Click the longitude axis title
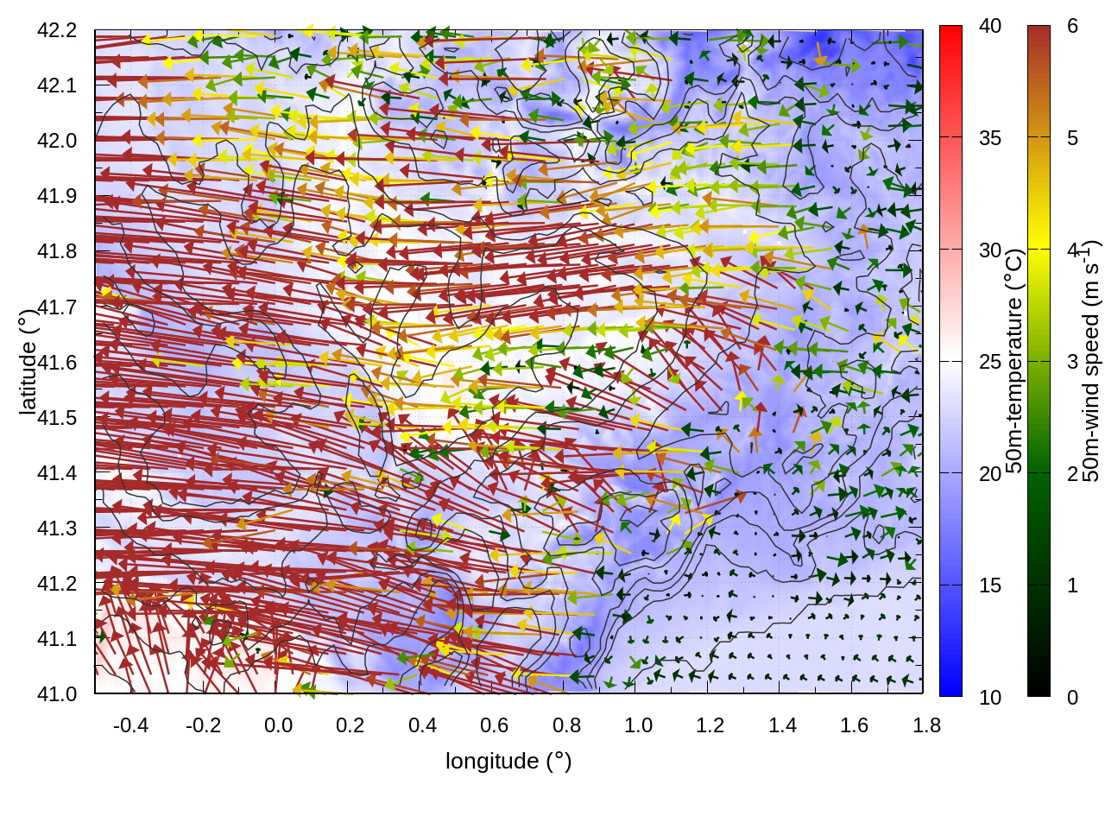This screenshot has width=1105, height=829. click(x=508, y=761)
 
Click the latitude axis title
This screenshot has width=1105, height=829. click(x=28, y=362)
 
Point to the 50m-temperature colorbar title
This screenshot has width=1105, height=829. click(x=1014, y=362)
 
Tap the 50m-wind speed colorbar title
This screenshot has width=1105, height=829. click(x=1091, y=362)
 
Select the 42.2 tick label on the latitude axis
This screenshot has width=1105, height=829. click(x=57, y=30)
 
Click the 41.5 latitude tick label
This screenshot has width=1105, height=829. click(x=57, y=418)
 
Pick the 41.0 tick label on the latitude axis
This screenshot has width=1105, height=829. click(x=57, y=694)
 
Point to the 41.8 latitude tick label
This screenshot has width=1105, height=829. click(x=57, y=251)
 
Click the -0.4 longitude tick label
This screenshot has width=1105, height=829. click(x=130, y=725)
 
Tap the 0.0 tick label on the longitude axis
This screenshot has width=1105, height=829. click(x=278, y=725)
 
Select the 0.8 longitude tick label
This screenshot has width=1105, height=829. click(x=566, y=725)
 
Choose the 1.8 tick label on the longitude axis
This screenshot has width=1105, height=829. click(x=926, y=725)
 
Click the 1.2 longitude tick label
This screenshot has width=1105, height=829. click(x=710, y=725)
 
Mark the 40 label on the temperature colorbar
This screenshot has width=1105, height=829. click(x=990, y=26)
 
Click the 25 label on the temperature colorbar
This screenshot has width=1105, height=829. click(x=990, y=361)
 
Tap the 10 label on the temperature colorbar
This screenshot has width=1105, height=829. click(x=990, y=697)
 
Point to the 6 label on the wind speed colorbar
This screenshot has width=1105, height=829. click(x=1072, y=26)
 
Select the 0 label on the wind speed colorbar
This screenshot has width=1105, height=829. click(x=1072, y=697)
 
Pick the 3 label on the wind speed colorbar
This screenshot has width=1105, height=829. click(x=1072, y=361)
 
